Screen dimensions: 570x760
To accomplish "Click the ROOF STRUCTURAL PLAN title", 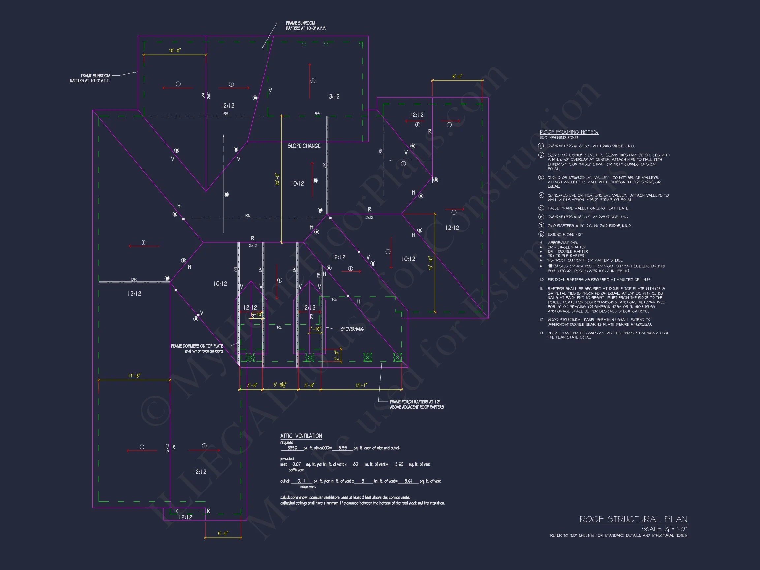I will coord(633,519).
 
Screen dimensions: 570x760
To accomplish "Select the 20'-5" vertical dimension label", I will coord(277,179).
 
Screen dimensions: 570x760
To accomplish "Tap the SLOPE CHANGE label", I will coord(304,146).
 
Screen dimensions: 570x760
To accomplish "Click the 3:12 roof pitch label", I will coord(334,97).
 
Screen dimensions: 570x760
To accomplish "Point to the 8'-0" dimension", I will coord(457,77).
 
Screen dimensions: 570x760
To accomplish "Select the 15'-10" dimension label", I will coord(431,263).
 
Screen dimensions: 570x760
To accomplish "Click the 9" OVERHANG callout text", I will coord(352,329).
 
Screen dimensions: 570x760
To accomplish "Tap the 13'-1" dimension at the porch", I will coord(361,386).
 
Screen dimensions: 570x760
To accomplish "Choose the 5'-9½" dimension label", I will coord(280,385).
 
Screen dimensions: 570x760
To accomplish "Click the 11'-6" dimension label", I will coord(134,376).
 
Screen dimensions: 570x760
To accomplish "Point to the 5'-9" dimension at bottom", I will coord(223,534).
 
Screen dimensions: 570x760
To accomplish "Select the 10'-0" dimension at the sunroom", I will coord(174,51).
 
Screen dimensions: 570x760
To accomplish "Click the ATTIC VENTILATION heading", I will coord(301,436).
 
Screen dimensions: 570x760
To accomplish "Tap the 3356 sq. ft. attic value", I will coord(292,448).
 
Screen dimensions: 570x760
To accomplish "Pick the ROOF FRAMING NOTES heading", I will coord(569,132).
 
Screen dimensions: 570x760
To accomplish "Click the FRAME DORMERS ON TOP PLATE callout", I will coord(197,346).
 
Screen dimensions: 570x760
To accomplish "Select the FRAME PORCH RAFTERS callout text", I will coord(416,404).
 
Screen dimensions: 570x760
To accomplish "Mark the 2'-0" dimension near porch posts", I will coord(337,355).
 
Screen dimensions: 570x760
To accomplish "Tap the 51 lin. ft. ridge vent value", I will coord(364,481).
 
